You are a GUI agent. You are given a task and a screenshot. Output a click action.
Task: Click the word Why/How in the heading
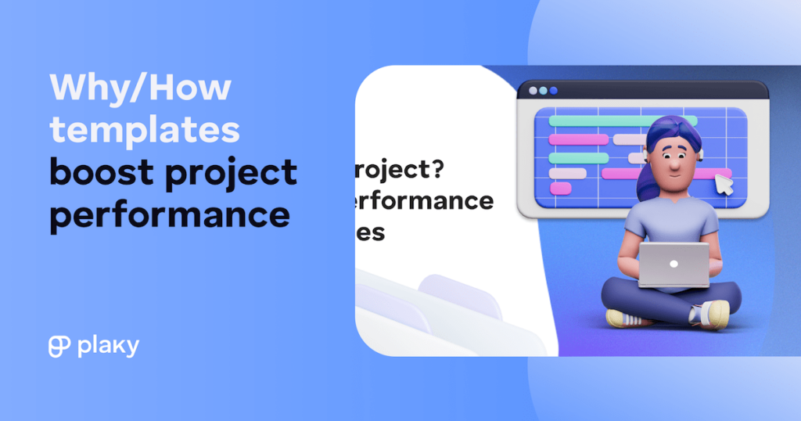141,87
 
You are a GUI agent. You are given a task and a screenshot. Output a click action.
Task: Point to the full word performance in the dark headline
169,214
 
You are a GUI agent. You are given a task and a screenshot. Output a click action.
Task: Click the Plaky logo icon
59,346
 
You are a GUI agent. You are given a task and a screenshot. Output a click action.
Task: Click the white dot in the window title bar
533,91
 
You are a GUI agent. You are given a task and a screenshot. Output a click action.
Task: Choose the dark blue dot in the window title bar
554,91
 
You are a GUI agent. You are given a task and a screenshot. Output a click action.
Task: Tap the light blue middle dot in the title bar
544,91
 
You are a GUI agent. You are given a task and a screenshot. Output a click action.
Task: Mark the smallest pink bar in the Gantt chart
561,188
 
